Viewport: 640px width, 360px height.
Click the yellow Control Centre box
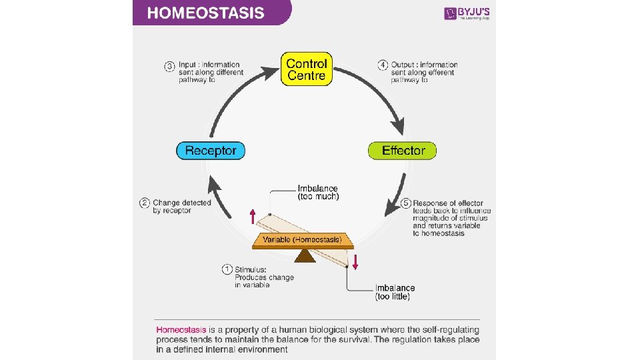(306, 70)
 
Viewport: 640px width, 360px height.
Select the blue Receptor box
(211, 150)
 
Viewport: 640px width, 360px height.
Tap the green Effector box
(402, 150)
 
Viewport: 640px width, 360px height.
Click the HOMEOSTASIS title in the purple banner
(205, 13)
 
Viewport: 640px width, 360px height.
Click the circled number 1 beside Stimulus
(227, 269)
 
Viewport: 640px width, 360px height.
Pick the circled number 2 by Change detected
(144, 203)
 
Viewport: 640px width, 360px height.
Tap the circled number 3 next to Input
(170, 65)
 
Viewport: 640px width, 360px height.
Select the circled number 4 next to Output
(383, 65)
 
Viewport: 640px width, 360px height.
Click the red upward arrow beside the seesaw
(253, 216)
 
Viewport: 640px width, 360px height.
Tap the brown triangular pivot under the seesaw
(305, 256)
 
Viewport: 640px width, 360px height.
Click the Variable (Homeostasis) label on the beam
(302, 239)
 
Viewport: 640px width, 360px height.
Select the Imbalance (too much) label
(318, 193)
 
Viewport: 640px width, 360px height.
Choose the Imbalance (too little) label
(395, 292)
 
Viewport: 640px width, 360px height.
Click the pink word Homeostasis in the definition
(182, 330)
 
